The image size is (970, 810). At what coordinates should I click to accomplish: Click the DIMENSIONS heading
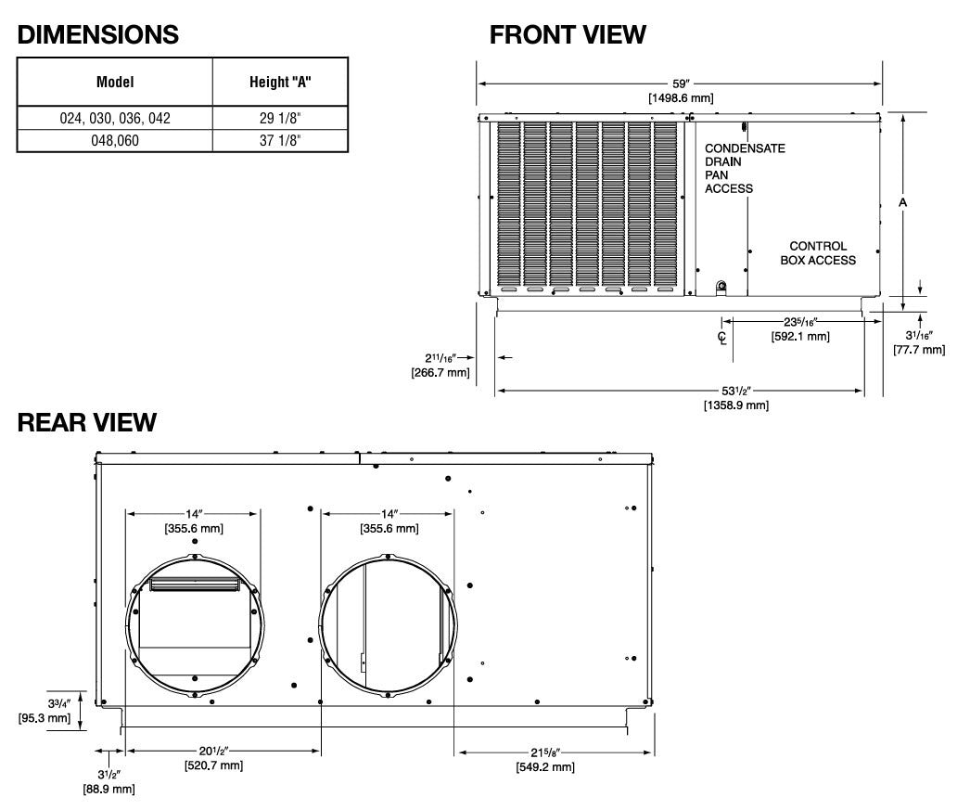(x=97, y=34)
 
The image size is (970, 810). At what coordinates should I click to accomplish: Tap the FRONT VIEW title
(x=568, y=34)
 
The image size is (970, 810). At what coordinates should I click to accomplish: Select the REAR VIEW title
(x=86, y=422)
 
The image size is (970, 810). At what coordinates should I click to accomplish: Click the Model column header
(x=115, y=82)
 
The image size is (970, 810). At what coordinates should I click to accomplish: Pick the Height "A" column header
(x=280, y=82)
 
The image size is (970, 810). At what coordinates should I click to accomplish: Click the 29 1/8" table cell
(x=280, y=118)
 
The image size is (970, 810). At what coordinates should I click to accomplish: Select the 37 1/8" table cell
(x=280, y=140)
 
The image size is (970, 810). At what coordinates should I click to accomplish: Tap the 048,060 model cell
(x=115, y=140)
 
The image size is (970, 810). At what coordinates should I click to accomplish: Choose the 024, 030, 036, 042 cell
(x=115, y=118)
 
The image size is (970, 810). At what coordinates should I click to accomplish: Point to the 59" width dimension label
(x=681, y=84)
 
